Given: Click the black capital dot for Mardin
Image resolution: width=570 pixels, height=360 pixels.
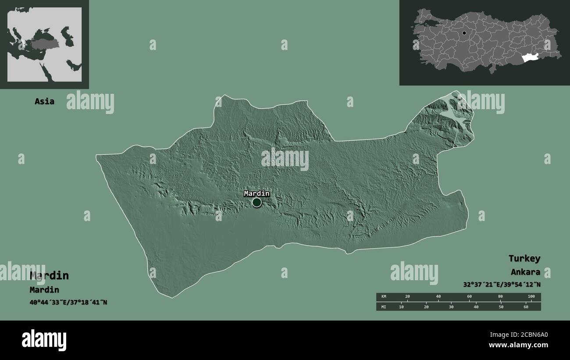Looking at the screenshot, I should click(256, 202).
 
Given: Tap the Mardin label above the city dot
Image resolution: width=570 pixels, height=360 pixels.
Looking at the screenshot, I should click(256, 193).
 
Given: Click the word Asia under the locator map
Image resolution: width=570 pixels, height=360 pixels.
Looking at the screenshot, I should click(45, 101).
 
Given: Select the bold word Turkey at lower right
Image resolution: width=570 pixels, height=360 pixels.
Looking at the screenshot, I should click(524, 258).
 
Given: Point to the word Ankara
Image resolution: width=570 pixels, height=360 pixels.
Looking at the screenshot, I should click(525, 272).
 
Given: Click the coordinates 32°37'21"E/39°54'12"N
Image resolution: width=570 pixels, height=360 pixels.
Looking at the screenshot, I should click(502, 284).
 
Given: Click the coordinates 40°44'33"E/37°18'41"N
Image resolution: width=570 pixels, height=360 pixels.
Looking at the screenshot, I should click(68, 303).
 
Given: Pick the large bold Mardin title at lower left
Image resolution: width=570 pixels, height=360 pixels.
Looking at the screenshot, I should click(49, 275).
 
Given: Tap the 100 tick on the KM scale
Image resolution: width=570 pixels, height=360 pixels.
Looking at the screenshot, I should click(531, 297).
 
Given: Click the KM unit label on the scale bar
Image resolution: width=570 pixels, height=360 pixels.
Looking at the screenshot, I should click(384, 297).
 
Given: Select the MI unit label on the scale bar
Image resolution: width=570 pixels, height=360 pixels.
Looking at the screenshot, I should click(384, 307).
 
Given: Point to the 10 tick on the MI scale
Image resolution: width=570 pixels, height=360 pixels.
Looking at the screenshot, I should click(401, 307).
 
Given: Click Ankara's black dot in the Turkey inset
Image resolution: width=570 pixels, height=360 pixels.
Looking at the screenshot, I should click(464, 33).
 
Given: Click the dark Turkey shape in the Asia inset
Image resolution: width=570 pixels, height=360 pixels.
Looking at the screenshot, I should click(44, 44).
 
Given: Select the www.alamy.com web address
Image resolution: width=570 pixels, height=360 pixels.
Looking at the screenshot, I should click(518, 345).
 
